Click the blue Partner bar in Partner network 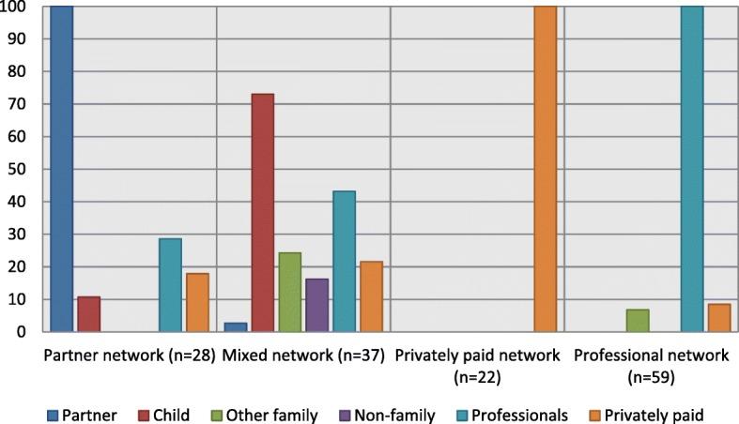[x=62, y=169]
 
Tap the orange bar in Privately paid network [x=545, y=169]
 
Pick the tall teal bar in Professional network [x=691, y=169]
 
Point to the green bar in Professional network [x=638, y=320]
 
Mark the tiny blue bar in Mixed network [x=235, y=326]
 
